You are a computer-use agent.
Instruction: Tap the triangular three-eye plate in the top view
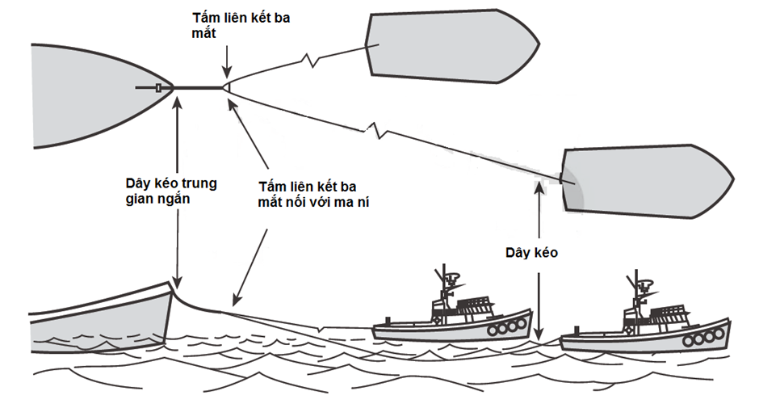227,87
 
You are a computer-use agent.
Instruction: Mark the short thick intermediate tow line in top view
197,87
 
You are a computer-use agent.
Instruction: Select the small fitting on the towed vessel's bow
161,87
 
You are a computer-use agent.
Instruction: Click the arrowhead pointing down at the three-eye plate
228,72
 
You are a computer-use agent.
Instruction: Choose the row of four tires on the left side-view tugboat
505,328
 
